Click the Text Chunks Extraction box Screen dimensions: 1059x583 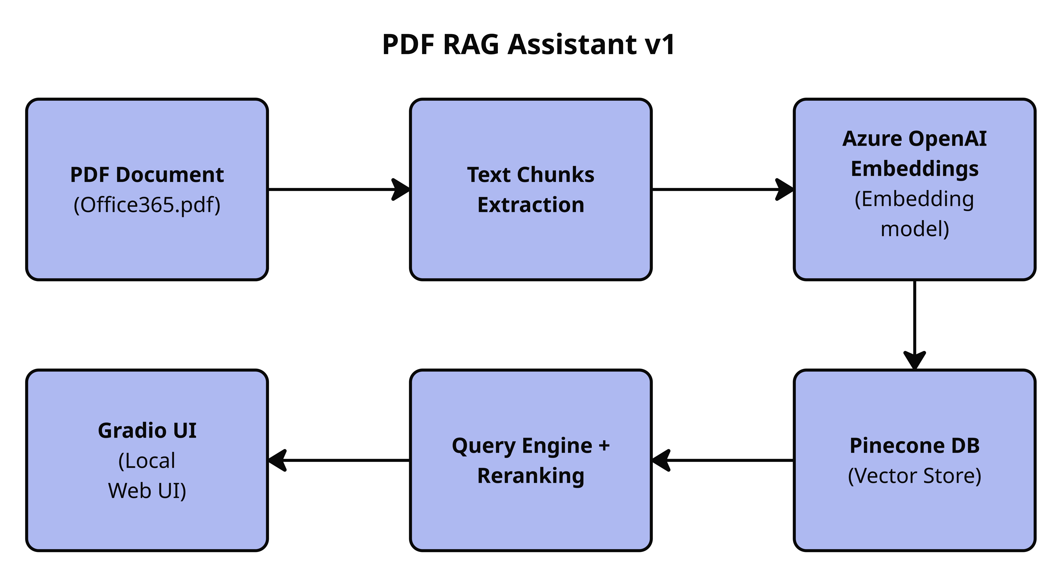click(x=531, y=190)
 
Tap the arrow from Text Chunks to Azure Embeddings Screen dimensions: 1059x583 click(x=723, y=190)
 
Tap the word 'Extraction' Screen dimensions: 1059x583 click(x=531, y=205)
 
